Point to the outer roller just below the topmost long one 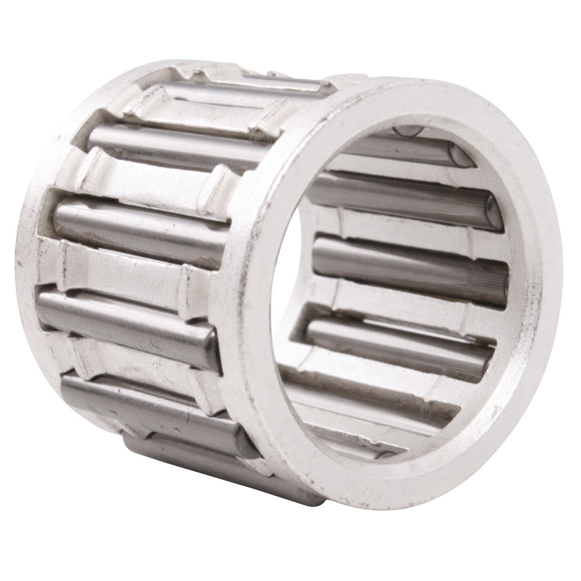pos(139,224)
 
